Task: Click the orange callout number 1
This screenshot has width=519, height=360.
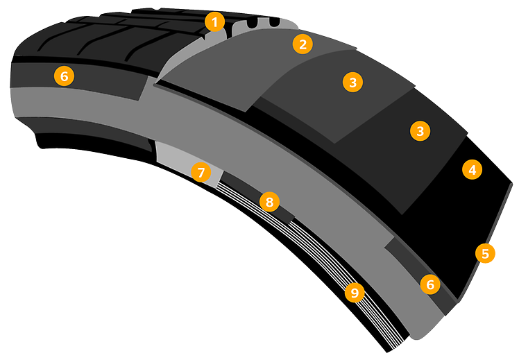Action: tap(215, 22)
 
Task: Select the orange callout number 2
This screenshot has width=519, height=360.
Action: tap(302, 44)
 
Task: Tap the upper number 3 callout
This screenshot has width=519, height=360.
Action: tap(353, 82)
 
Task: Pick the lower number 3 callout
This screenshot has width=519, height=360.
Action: tap(419, 130)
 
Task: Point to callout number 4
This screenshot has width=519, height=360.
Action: tap(472, 169)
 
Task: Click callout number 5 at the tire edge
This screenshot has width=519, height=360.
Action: tap(485, 253)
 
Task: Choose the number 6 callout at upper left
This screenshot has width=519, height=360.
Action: tap(64, 76)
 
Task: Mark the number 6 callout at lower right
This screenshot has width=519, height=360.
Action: tap(430, 284)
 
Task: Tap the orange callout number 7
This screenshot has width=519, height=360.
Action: tap(201, 172)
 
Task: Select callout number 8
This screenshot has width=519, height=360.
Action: tap(269, 202)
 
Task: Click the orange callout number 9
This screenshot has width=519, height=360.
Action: tap(355, 293)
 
